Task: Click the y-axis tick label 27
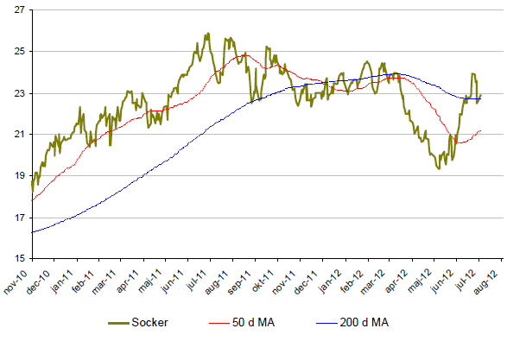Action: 17,10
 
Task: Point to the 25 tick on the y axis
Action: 17,52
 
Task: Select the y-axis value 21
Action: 17,135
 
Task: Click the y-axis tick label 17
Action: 17,218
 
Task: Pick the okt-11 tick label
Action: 259,279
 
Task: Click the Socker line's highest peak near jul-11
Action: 208,34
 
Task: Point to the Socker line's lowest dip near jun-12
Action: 440,168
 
